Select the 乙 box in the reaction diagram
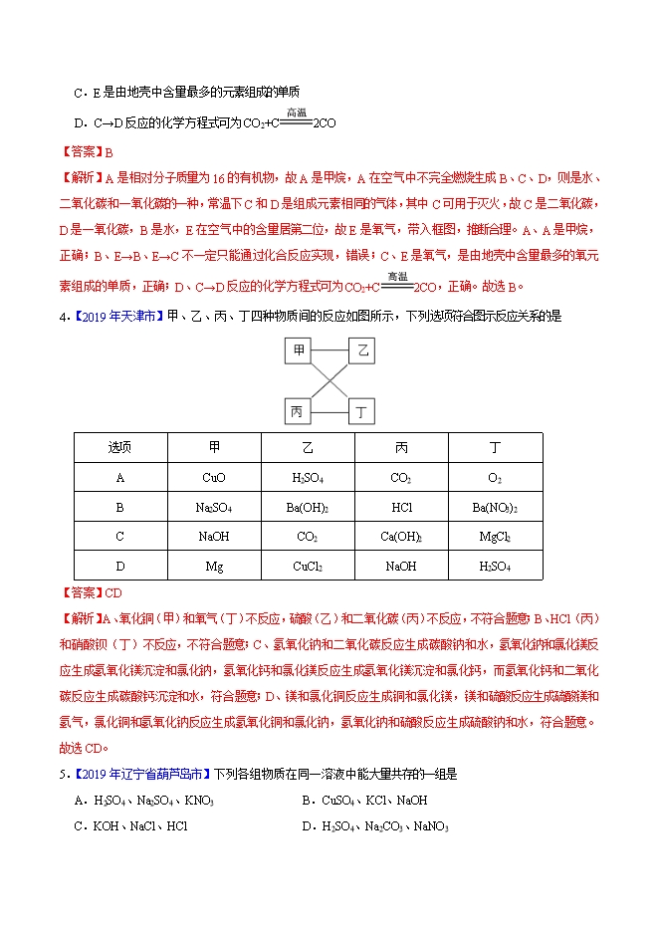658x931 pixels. pyautogui.click(x=363, y=350)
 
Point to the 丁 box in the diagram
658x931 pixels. pyautogui.click(x=363, y=410)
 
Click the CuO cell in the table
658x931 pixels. pyautogui.click(x=214, y=478)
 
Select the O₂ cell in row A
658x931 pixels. pyautogui.click(x=495, y=478)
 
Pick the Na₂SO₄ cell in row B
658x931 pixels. pyautogui.click(x=214, y=507)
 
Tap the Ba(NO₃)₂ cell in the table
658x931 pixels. pyautogui.click(x=495, y=507)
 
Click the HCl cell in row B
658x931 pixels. pyautogui.click(x=401, y=507)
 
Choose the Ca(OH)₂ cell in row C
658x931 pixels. pyautogui.click(x=401, y=537)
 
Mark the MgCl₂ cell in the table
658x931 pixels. pyautogui.click(x=495, y=537)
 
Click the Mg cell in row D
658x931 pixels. pyautogui.click(x=214, y=566)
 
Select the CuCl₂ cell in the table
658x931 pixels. pyautogui.click(x=308, y=566)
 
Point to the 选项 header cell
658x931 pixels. pyautogui.click(x=119, y=448)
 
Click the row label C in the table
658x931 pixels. pyautogui.click(x=119, y=537)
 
